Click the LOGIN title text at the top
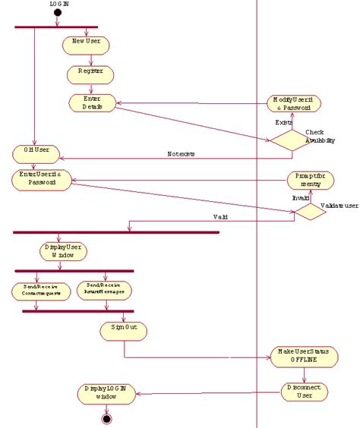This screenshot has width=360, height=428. click(x=59, y=4)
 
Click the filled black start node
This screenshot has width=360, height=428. click(x=58, y=14)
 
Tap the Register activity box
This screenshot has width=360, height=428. click(x=91, y=74)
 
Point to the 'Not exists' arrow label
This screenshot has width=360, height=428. click(x=181, y=154)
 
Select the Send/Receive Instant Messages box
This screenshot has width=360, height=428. click(x=105, y=291)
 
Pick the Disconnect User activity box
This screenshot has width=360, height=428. click(x=305, y=391)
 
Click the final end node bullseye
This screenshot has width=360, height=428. click(x=106, y=418)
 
